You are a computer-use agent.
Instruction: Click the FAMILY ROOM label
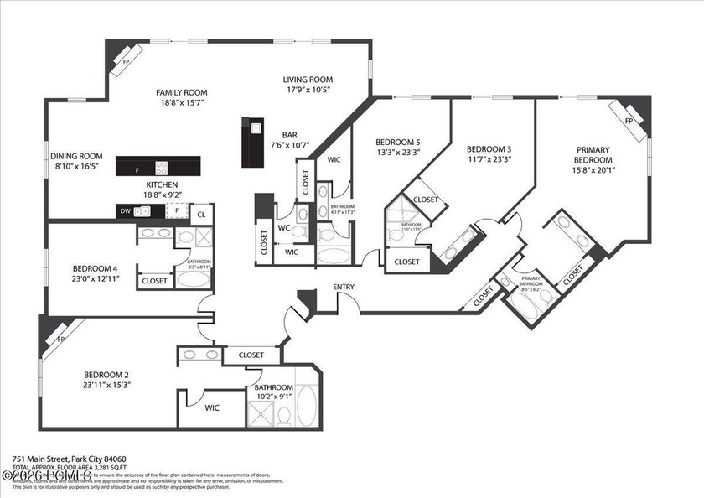coord(181,93)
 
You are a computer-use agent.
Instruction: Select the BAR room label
coord(290,134)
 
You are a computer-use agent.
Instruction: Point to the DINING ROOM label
coord(76,156)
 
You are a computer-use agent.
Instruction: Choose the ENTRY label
coord(344,288)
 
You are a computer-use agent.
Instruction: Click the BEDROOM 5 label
coord(398,142)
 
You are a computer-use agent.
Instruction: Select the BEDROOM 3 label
coord(489,148)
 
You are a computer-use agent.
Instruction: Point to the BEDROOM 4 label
coord(95,269)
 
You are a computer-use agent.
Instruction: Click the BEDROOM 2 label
coord(106,375)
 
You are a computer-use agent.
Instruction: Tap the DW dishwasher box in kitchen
coord(125,212)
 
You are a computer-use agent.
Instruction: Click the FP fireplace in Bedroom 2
coord(60,340)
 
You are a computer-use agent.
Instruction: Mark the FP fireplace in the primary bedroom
coord(629,119)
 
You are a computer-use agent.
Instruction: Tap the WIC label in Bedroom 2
coord(212,408)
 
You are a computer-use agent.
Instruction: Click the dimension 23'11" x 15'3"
coord(106,385)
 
